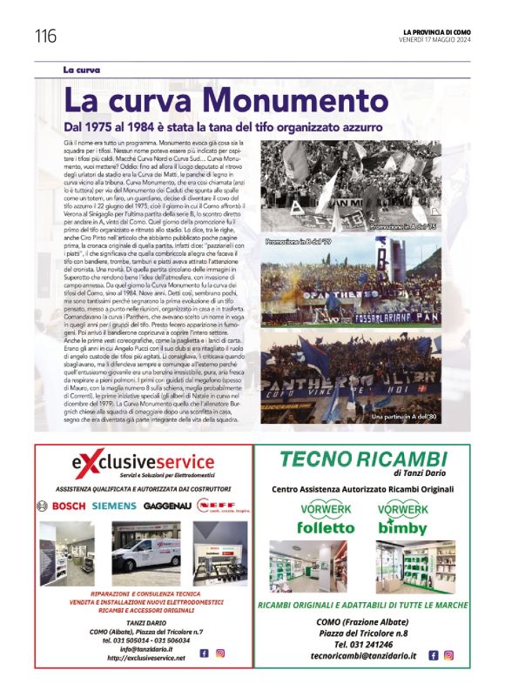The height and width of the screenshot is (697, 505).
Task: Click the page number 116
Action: tap(46, 37)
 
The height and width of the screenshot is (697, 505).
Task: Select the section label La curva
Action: tap(82, 69)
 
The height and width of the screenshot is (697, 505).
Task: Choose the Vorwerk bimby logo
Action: tap(401, 519)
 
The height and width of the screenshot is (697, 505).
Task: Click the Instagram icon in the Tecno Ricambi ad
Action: tap(448, 654)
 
